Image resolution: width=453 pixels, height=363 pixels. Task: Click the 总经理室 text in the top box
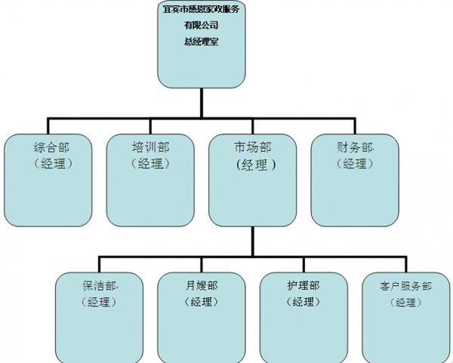[201, 43]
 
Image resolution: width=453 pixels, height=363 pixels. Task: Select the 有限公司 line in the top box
[201, 26]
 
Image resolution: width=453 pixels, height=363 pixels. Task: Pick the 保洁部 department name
[99, 286]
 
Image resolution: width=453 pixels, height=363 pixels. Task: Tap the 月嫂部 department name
[201, 286]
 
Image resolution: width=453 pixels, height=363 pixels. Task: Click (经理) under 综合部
[51, 163]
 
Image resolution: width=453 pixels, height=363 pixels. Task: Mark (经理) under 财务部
[355, 163]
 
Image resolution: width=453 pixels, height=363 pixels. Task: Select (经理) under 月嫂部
[201, 302]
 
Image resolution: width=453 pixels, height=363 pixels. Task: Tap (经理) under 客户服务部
[406, 303]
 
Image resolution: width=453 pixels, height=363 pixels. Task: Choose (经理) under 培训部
[150, 163]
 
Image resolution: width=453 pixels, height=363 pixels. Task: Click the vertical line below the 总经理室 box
[201, 101]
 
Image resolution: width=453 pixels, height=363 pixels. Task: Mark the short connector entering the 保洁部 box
[99, 263]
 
